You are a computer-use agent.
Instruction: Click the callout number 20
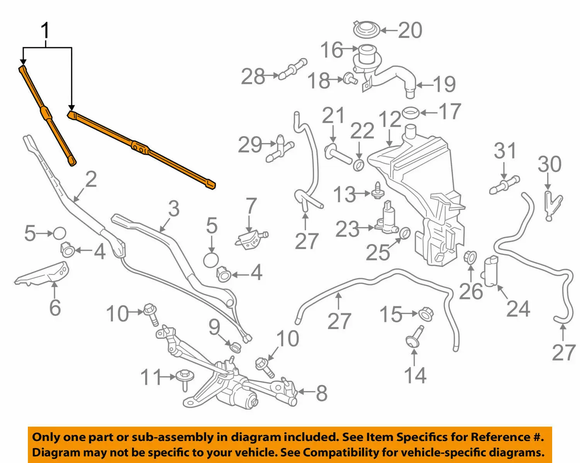click(409, 30)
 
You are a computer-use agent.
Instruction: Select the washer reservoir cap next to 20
click(367, 29)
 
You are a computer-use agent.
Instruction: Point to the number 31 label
click(505, 151)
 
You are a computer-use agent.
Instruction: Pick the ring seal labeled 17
click(411, 113)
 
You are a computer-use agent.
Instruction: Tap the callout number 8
click(322, 393)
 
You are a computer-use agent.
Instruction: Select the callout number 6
click(55, 308)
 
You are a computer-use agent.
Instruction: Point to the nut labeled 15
click(426, 314)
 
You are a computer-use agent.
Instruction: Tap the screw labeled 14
click(414, 337)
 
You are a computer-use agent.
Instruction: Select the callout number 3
click(174, 208)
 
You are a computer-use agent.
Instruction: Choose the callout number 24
click(518, 309)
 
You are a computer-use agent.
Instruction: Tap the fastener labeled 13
click(378, 191)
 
